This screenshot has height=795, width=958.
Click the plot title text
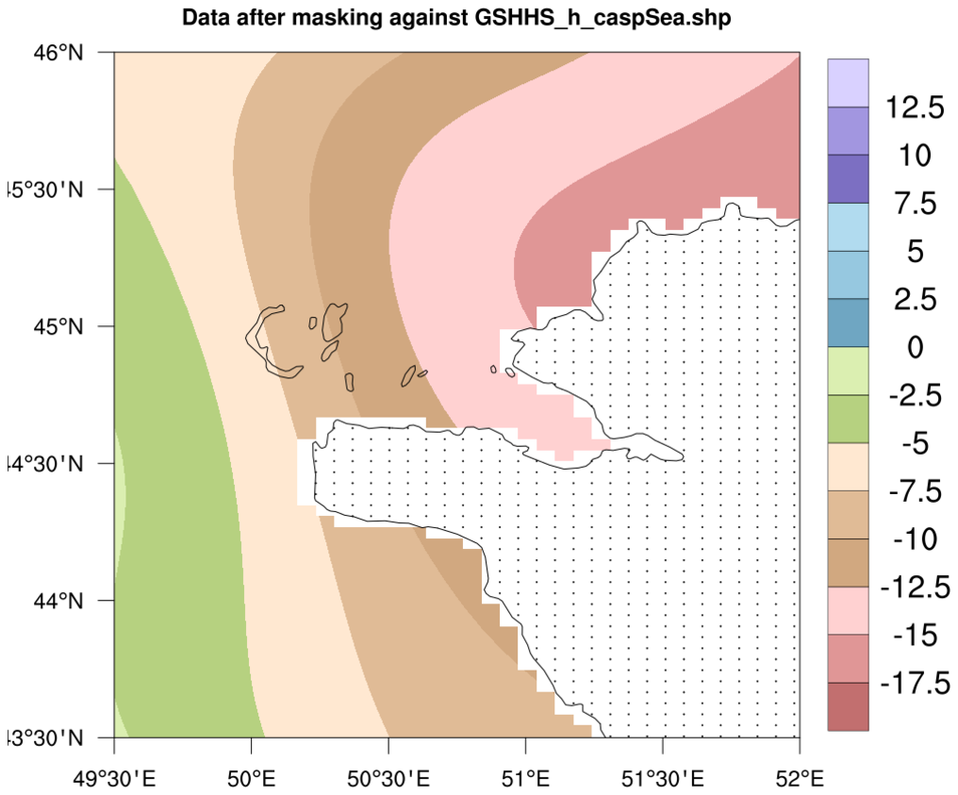point(456,18)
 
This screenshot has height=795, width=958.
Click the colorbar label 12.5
point(915,108)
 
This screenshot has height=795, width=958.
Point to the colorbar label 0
point(915,347)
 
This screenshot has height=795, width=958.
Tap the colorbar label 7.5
point(915,203)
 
